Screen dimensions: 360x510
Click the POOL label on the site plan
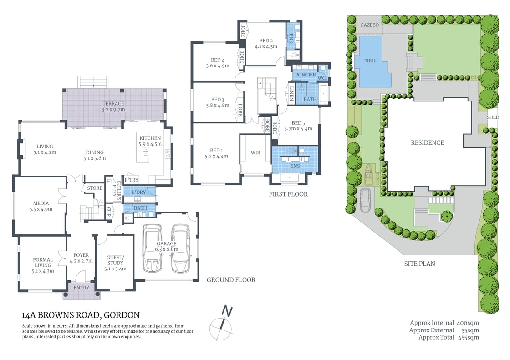370,61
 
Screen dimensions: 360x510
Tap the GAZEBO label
369,25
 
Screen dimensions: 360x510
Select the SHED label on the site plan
493,117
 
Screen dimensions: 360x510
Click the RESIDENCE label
427,142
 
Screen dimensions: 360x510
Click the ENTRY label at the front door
82,288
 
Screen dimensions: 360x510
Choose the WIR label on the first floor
255,152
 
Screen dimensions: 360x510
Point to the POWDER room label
305,75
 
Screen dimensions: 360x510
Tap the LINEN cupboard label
291,93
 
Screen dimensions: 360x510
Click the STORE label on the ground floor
95,188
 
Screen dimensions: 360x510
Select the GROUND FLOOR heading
231,279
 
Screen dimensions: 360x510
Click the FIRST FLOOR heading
288,194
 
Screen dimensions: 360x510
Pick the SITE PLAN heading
419,264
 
